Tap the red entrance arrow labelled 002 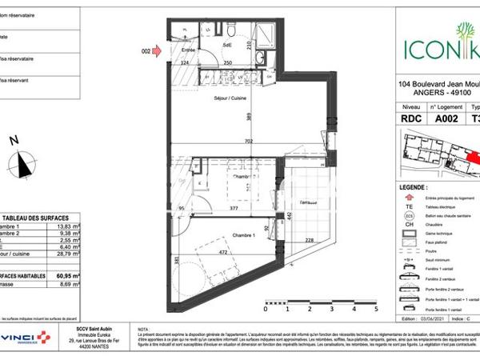click(157, 50)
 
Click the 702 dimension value click(249, 142)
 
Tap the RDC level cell click(410, 117)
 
